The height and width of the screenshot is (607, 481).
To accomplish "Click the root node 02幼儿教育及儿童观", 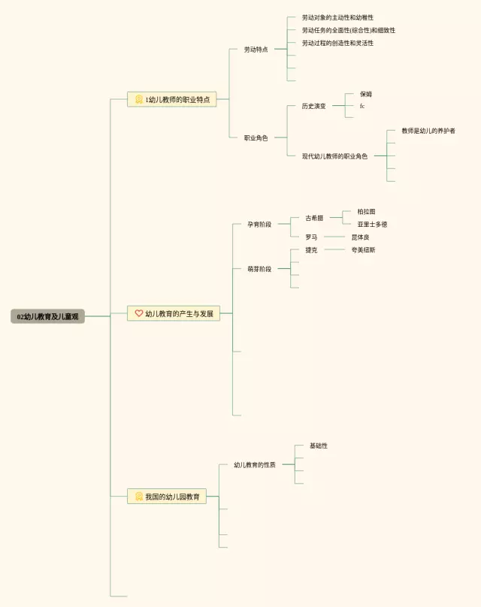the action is click(47, 317).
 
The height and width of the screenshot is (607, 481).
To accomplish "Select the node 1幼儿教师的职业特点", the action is click(172, 99).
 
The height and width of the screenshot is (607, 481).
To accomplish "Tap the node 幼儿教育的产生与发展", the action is click(174, 313).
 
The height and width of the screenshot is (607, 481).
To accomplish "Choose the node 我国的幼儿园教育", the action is click(167, 497).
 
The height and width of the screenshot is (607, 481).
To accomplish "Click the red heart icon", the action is click(138, 313).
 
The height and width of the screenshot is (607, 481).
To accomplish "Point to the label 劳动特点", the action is click(256, 50).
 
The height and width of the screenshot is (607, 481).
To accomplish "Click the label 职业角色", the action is click(256, 137).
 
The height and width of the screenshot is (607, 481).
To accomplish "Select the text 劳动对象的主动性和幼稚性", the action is click(337, 17).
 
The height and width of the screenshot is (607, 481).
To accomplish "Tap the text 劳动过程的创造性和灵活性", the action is click(337, 43).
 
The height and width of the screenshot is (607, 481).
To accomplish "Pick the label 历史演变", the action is click(314, 106).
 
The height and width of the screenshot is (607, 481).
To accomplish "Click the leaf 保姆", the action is click(366, 94).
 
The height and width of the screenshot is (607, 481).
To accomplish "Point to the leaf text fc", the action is click(362, 106).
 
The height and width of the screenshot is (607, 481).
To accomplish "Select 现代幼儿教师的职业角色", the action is click(334, 156).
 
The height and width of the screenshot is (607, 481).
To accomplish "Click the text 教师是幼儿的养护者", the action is click(428, 131).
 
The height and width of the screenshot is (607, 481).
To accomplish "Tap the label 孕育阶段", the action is click(259, 224).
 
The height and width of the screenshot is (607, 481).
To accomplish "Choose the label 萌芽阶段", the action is click(259, 268).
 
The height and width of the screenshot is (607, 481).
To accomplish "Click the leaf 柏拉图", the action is click(366, 212).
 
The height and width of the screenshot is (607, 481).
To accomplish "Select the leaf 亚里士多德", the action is click(372, 224).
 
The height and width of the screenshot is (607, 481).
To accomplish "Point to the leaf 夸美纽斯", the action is click(364, 249).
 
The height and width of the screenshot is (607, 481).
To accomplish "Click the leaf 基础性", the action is click(319, 446).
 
